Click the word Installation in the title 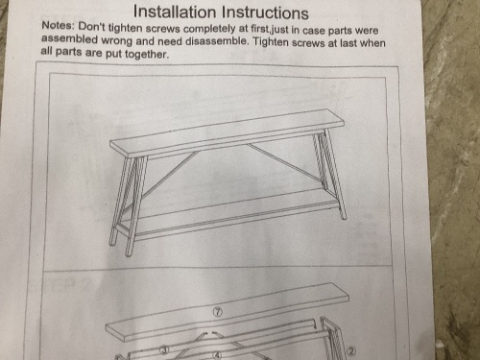click(175, 12)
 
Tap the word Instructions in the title click(265, 13)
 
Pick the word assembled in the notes click(69, 39)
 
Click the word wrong click(116, 40)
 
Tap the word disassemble click(217, 41)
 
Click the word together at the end click(146, 54)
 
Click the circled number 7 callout click(218, 312)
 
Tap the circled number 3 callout click(164, 350)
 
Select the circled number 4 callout click(218, 355)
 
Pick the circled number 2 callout click(351, 351)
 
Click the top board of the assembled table click(228, 133)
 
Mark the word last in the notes click(348, 43)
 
